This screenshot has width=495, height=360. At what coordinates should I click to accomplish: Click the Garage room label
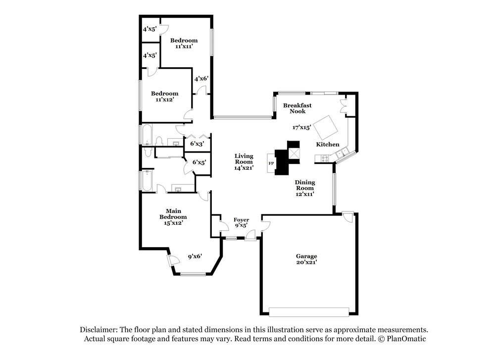tap(306, 259)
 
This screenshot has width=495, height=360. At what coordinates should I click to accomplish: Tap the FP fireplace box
tap(271, 163)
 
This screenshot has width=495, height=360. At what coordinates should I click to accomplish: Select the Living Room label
tap(244, 161)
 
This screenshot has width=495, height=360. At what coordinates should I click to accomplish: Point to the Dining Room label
tap(305, 188)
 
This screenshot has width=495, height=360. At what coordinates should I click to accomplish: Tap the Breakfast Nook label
tap(297, 108)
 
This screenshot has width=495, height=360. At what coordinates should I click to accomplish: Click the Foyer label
tap(242, 222)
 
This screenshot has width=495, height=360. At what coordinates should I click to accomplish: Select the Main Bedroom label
tap(173, 217)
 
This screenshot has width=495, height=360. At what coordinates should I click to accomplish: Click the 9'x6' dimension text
tap(195, 257)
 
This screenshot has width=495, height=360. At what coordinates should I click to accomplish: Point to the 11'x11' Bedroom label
tap(184, 43)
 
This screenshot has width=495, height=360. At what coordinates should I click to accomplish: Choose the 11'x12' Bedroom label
tap(165, 96)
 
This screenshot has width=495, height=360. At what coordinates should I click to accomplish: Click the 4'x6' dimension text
tap(201, 78)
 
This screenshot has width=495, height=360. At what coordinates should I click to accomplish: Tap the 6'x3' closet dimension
tap(197, 144)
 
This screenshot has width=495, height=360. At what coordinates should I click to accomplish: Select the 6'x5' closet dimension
tap(199, 162)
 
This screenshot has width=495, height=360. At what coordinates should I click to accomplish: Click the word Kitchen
tap(328, 144)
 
